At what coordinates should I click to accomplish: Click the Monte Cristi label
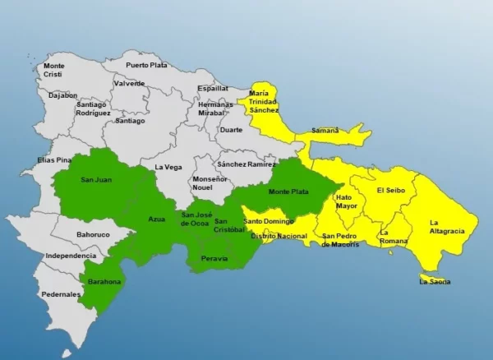53,70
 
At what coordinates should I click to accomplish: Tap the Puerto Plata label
145,65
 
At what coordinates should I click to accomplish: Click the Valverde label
130,83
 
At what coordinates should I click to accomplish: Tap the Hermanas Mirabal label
217,110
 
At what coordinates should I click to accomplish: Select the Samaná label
325,131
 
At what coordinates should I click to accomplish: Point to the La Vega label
168,167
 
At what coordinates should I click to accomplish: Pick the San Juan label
96,179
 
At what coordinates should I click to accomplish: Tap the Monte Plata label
289,192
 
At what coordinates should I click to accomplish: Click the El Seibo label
390,191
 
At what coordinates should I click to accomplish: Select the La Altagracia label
447,227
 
